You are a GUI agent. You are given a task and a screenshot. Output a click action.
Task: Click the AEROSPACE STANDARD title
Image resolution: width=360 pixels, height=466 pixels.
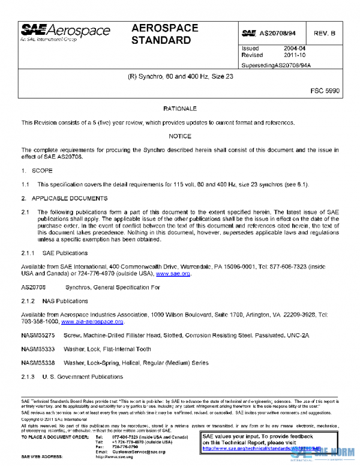[162, 35]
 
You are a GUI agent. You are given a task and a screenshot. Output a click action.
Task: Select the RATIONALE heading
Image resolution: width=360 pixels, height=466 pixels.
[180, 109]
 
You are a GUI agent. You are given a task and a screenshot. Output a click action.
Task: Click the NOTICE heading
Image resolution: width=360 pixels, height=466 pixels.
[180, 136]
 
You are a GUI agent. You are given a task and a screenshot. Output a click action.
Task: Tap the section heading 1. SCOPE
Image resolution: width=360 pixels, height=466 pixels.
[38, 171]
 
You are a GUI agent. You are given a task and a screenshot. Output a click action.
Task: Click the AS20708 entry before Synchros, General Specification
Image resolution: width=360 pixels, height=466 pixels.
[34, 287]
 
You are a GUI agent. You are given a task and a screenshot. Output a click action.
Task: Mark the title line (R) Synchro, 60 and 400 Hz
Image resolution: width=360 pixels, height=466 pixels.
[181, 77]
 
